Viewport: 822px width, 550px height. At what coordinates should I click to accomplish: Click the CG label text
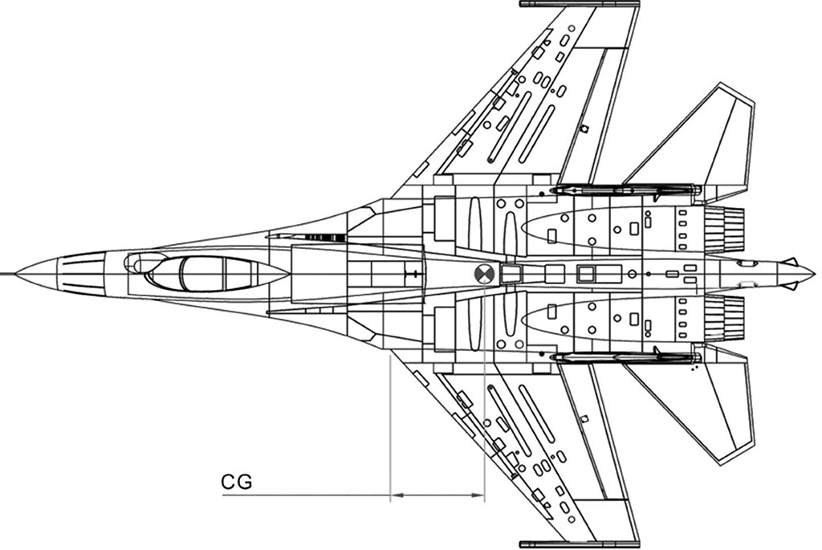(x=236, y=482)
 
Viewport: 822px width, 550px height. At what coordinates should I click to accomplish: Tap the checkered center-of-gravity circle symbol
(x=485, y=274)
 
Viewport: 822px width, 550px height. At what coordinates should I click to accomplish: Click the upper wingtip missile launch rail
(x=579, y=4)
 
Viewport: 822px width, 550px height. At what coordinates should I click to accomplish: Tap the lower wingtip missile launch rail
(x=579, y=544)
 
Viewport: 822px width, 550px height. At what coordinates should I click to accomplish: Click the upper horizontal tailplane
(x=706, y=145)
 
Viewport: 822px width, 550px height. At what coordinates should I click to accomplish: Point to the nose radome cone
(x=40, y=274)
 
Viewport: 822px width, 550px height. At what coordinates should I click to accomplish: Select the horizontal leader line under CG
(x=305, y=495)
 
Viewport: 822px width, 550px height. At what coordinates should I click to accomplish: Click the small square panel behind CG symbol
(x=511, y=275)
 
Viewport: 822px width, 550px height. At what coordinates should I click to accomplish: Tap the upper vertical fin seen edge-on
(x=626, y=190)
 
